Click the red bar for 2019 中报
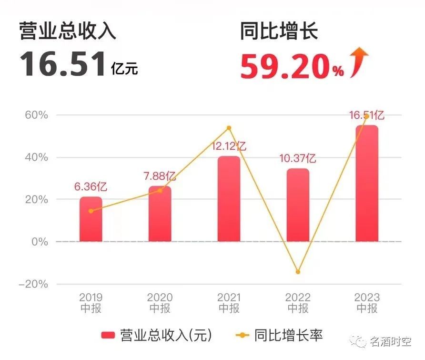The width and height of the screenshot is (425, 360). coord(91,219)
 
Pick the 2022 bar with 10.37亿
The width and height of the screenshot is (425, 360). coord(298,205)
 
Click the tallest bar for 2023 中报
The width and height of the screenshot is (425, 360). coord(367,184)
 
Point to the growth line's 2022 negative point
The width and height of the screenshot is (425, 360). coord(298,272)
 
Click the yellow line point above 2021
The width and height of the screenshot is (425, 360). coord(229,128)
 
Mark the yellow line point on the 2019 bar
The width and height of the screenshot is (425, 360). coord(91,211)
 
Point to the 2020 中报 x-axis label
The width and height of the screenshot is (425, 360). coord(160,303)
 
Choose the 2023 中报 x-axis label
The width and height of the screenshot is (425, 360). coord(367,303)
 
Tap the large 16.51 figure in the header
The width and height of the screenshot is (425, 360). coord(62,64)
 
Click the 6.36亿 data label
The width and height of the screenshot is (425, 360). coord(91,186)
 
